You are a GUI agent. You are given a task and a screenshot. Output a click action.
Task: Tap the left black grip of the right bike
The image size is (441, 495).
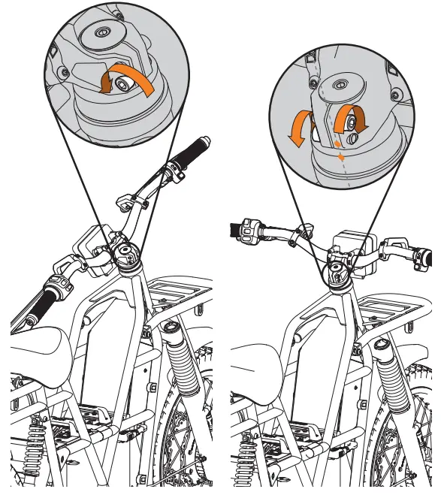(234, 228)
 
